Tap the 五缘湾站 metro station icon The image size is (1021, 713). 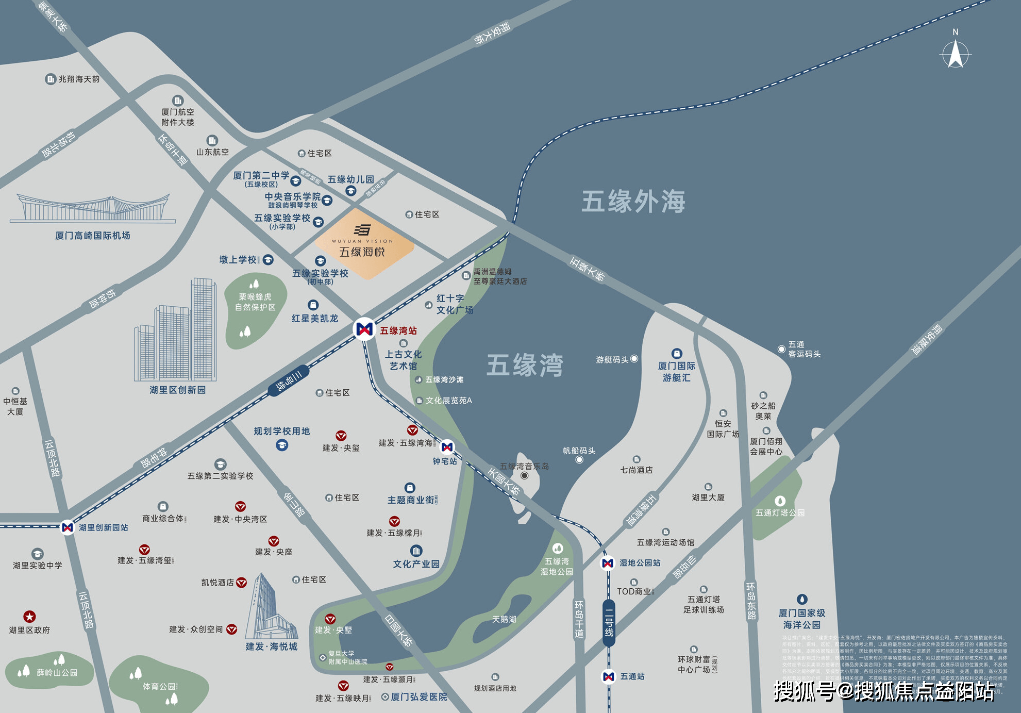[364, 329]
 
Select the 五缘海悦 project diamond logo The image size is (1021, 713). [364, 242]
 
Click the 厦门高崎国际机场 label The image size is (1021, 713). [93, 236]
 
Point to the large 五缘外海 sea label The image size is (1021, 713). [633, 202]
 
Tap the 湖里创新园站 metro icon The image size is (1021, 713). [68, 527]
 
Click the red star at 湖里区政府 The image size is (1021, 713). [29, 617]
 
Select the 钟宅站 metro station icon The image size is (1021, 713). [447, 447]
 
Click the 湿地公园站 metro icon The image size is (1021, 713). [608, 563]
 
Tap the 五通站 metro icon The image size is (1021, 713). [609, 676]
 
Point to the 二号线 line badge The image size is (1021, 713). [609, 622]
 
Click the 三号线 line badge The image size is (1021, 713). [288, 380]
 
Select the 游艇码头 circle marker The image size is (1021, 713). [634, 359]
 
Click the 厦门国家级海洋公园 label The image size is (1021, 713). [801, 619]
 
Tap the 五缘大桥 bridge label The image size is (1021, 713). [588, 269]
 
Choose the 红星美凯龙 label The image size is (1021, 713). [314, 319]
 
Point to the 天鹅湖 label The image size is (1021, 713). [504, 619]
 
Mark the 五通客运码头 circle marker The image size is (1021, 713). [781, 349]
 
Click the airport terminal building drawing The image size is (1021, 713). [93, 209]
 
